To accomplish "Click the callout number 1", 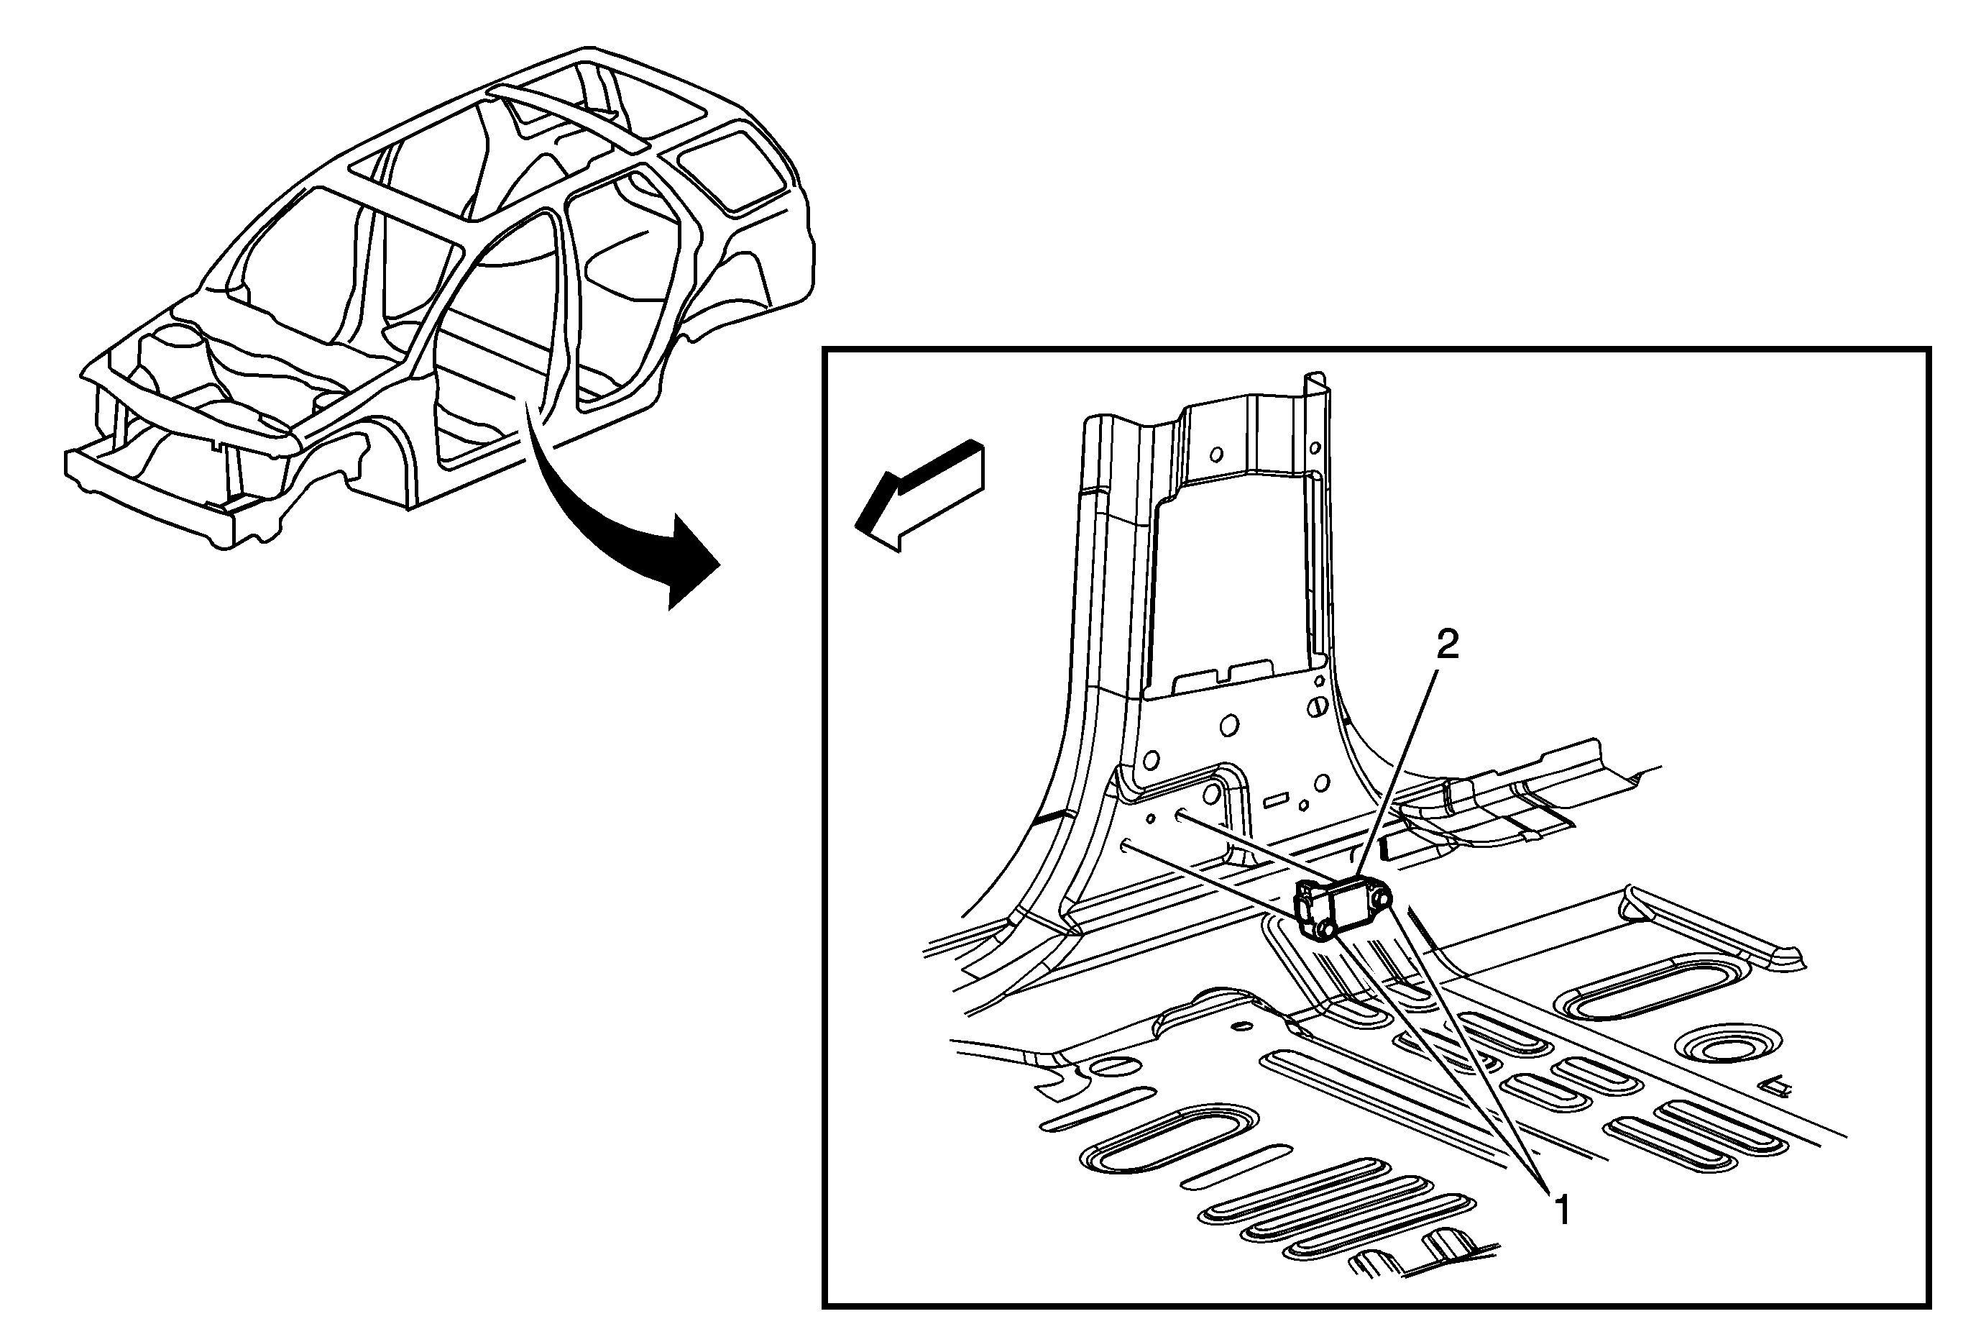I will click(1563, 1210).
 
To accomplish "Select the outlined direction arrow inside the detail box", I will click(921, 495).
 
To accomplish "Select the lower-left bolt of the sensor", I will click(1324, 929).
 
